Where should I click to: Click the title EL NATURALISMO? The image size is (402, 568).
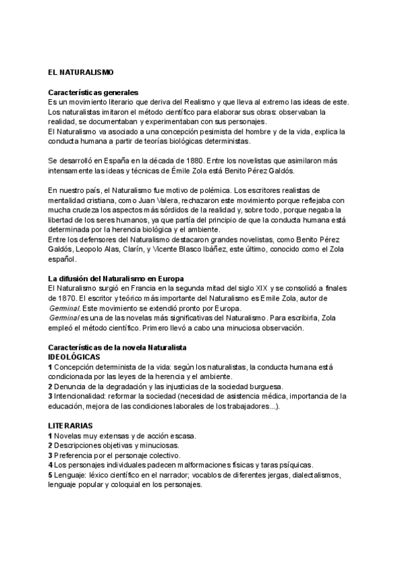81,72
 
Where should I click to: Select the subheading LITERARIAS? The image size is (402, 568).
70,425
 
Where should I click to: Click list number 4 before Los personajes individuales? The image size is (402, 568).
50,465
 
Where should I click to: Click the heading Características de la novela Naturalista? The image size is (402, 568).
117,347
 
